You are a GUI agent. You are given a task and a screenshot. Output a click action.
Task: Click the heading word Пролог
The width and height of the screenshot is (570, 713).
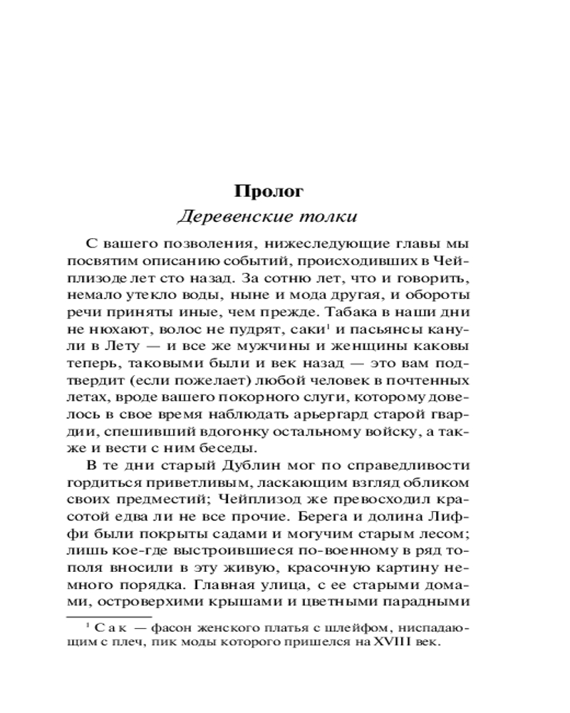click(269, 191)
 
